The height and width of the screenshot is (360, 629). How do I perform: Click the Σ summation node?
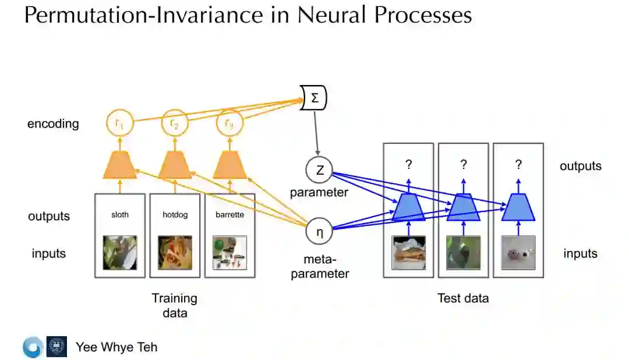314,98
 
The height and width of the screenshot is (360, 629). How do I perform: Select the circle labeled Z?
319,170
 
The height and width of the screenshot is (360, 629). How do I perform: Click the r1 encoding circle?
119,123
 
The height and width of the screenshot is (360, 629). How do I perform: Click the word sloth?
120,214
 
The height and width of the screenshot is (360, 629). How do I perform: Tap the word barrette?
229,214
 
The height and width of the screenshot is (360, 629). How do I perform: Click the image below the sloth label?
120,252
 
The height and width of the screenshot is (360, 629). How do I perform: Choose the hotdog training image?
174,252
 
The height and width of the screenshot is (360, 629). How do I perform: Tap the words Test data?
463,298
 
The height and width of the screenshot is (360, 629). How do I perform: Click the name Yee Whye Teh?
116,347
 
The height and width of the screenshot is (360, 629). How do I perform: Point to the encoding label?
53,123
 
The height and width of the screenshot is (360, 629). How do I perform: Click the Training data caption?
175,305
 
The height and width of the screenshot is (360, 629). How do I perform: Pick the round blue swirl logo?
32,347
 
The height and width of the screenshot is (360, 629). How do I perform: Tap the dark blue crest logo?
56,347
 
